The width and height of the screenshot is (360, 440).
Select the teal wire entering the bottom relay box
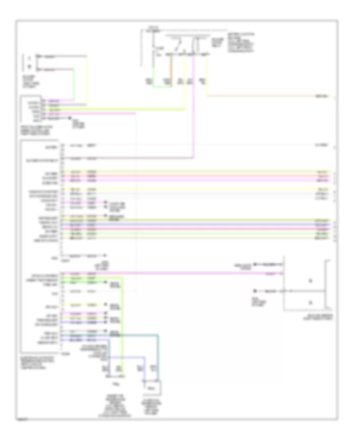(158, 352)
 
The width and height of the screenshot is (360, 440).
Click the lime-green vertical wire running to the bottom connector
(124, 320)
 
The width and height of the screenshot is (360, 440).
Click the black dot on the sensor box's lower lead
(254, 290)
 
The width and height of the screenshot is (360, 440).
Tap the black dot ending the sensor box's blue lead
(254, 264)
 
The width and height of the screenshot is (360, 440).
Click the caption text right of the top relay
(240, 42)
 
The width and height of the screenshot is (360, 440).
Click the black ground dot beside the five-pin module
(70, 119)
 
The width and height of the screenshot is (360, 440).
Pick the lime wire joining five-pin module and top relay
(120, 109)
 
